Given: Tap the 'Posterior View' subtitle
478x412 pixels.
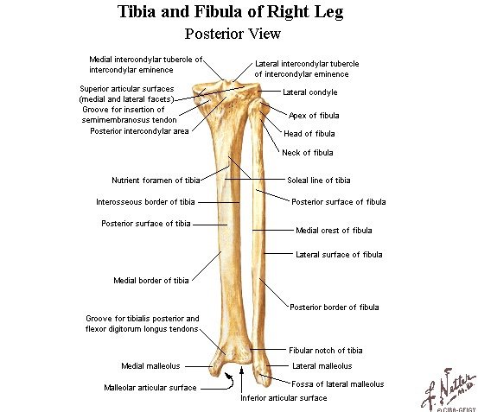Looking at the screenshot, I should tap(239, 35).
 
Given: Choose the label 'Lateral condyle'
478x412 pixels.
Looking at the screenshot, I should tap(309, 92).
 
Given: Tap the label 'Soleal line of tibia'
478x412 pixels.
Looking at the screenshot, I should tap(319, 181).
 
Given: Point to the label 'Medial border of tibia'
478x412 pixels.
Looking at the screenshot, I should tap(150, 280).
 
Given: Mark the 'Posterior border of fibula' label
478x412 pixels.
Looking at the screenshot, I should tap(334, 307).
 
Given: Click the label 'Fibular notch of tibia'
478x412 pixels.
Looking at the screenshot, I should tap(325, 351).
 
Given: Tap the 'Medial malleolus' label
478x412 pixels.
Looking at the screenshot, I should tap(150, 365).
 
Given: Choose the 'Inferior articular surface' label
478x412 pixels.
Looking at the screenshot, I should tap(284, 398).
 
